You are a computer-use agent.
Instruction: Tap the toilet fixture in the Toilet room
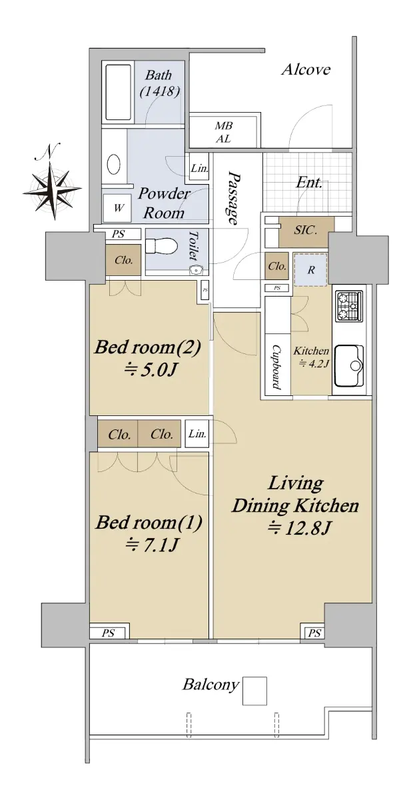pos(162,246)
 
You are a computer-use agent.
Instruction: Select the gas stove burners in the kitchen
pos(348,305)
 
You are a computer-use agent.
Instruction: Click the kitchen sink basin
pos(349,366)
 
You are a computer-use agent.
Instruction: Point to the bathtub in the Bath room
pos(118,92)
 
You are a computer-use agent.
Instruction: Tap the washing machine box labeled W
pos(117,207)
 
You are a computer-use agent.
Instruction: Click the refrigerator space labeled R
pos(310,269)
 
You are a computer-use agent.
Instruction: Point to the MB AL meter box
pos(222,132)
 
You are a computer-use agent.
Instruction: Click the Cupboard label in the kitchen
pos(277,367)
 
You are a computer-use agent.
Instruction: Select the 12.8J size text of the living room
pos(298,529)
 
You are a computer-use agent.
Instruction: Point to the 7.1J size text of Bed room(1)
pos(152,545)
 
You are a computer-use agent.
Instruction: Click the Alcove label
pos(306,69)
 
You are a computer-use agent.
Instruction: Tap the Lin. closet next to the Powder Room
pos(199,167)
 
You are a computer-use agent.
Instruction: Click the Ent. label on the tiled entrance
pos(309,183)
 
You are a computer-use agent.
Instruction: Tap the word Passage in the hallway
pos(234,199)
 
